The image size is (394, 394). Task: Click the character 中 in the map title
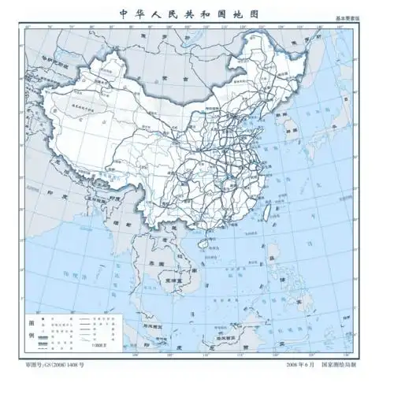(123, 13)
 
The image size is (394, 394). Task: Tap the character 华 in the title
(144, 13)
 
